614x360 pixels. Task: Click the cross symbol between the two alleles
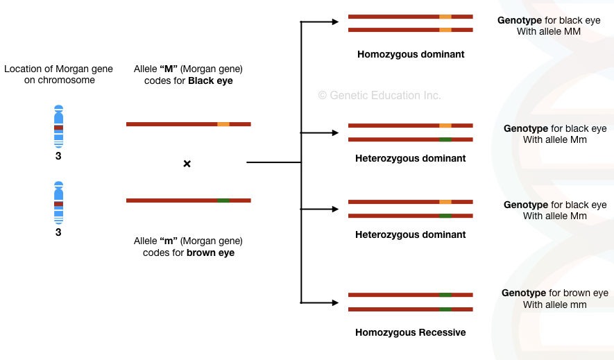tap(187, 164)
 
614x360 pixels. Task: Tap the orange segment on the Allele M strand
tap(223, 124)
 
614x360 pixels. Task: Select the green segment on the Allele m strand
tap(223, 200)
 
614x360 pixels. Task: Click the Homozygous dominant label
tap(411, 54)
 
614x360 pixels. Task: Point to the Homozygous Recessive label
tap(411, 333)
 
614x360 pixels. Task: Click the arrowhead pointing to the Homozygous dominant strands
tap(335, 22)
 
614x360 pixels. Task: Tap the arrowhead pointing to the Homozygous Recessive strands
tap(335, 302)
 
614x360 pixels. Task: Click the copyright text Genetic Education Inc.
tap(380, 95)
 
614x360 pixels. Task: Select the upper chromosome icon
tap(58, 126)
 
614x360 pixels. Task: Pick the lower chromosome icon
tap(58, 203)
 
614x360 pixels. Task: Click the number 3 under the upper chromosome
tap(58, 156)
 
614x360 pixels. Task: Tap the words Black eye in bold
tap(210, 81)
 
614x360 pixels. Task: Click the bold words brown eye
tap(211, 252)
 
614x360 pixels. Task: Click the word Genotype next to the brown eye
tap(524, 293)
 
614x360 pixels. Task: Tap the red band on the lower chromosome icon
tap(58, 204)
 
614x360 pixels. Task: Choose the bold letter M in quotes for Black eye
tap(169, 69)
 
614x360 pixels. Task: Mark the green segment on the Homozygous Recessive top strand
tap(445, 295)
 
